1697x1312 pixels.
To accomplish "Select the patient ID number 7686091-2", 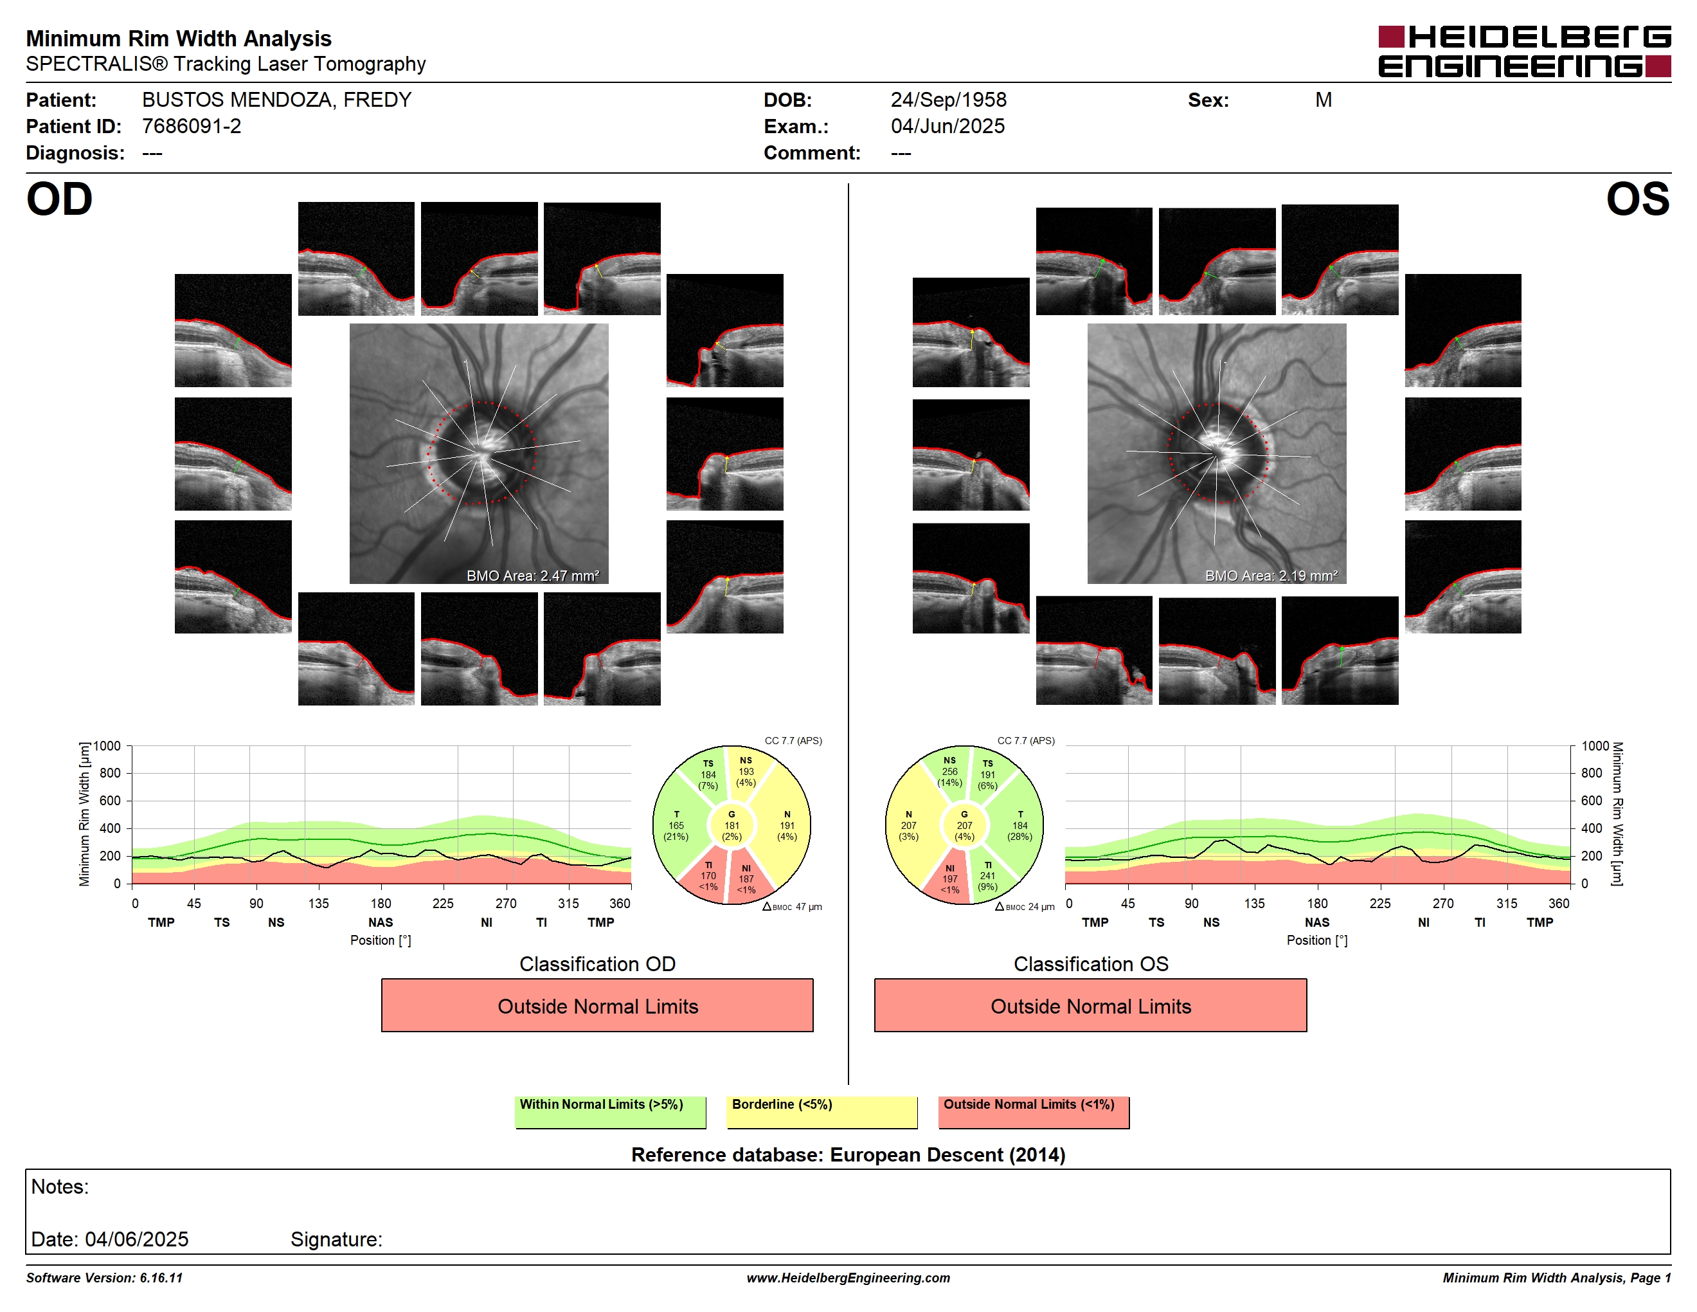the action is (191, 126).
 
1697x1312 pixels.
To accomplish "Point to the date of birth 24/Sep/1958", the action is (948, 100).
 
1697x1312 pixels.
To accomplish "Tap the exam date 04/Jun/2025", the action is (947, 126).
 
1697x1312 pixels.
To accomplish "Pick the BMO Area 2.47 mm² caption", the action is (533, 576).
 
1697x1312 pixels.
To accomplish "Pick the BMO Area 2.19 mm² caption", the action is (1271, 576).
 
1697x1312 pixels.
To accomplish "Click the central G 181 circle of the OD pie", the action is (731, 825).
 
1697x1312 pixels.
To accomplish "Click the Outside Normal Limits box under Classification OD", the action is (597, 1005).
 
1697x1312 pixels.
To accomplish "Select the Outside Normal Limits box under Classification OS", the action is (1090, 1005).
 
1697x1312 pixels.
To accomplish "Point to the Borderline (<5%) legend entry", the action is (822, 1111).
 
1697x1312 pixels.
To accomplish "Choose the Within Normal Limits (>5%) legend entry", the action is (610, 1111).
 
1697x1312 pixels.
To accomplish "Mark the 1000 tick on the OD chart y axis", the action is (107, 746).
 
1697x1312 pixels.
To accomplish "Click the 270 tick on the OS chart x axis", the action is (1443, 903).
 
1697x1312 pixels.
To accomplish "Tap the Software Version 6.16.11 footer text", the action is (104, 1278).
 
